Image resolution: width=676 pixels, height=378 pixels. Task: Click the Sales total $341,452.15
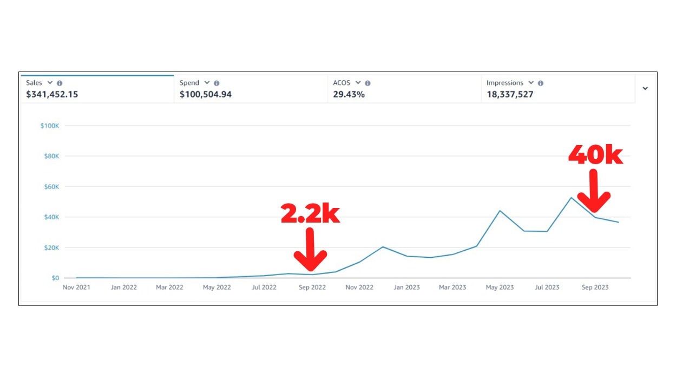(52, 94)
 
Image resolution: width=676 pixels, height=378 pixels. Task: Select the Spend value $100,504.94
(206, 94)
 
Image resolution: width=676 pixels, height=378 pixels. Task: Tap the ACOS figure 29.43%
(349, 94)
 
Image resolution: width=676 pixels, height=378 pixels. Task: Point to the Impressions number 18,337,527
(510, 94)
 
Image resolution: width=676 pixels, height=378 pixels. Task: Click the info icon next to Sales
(60, 83)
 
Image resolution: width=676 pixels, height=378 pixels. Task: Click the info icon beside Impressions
(541, 83)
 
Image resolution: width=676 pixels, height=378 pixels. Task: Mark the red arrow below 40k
(594, 191)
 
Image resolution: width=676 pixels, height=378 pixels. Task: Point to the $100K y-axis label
(50, 126)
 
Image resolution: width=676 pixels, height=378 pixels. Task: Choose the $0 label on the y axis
(55, 278)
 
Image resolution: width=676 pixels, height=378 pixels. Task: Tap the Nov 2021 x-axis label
(76, 288)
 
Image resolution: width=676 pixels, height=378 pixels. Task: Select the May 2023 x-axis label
(500, 288)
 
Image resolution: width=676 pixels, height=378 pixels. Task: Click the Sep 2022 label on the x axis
(312, 288)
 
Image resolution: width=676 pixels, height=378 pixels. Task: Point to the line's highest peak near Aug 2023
(571, 197)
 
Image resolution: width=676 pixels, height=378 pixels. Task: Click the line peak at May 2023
(500, 211)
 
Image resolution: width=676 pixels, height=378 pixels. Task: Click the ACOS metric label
(342, 83)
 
